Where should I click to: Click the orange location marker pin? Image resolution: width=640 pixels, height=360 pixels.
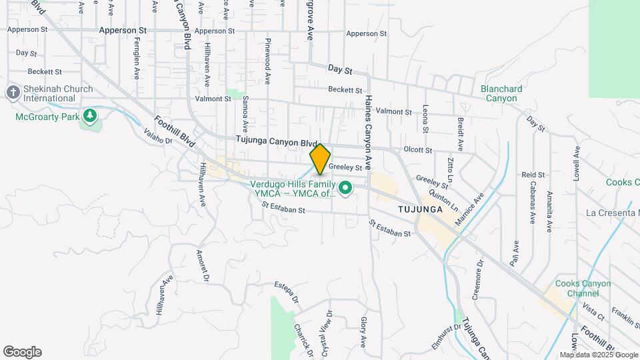pos(320,159)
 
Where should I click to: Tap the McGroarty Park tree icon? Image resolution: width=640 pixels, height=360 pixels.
pos(90,117)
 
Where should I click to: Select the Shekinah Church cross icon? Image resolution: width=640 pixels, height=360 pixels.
pos(13,93)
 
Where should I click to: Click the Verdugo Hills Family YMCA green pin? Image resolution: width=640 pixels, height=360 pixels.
pos(345,189)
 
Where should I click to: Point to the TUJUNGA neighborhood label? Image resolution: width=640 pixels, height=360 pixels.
pos(420,209)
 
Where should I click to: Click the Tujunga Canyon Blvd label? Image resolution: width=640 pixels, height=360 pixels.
pos(276,142)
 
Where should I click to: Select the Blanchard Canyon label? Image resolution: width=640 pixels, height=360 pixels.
pos(501,93)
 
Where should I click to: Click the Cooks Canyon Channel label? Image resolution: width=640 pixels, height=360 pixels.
pos(583,288)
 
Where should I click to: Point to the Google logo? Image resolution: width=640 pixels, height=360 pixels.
pos(22,351)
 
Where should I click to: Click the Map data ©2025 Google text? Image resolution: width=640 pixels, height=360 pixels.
pos(599,355)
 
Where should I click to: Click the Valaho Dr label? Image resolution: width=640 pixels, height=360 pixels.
pos(158,136)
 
